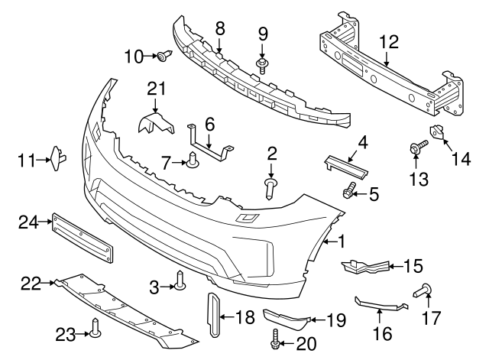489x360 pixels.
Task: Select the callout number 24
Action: pyautogui.click(x=28, y=222)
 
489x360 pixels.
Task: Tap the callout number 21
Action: pyautogui.click(x=157, y=90)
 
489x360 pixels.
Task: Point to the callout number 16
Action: pyautogui.click(x=381, y=332)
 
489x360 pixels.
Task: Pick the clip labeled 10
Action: pyautogui.click(x=164, y=55)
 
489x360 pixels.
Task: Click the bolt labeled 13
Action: pyautogui.click(x=416, y=147)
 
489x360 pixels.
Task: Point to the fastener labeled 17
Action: pyautogui.click(x=425, y=290)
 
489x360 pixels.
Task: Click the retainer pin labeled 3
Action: pyautogui.click(x=180, y=282)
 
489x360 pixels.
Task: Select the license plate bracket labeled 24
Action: pyautogui.click(x=83, y=238)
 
